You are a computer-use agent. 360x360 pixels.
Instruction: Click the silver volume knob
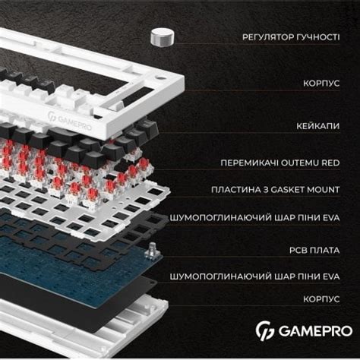(x=162, y=36)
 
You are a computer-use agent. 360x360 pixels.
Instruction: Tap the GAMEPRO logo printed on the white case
(x=73, y=119)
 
